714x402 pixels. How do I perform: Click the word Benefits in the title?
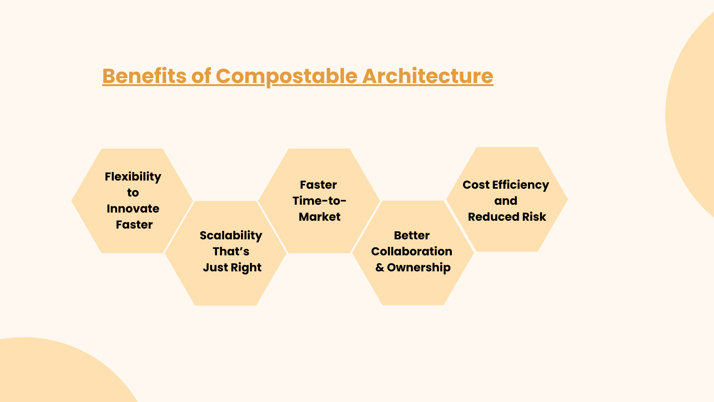pyautogui.click(x=144, y=76)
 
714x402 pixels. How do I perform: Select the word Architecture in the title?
pyautogui.click(x=428, y=76)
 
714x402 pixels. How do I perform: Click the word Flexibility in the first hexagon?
pyautogui.click(x=133, y=177)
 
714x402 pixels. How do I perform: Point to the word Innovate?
pyautogui.click(x=133, y=208)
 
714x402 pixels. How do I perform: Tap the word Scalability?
pyautogui.click(x=231, y=236)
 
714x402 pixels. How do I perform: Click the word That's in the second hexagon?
pyautogui.click(x=231, y=251)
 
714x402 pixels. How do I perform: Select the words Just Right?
pyautogui.click(x=232, y=268)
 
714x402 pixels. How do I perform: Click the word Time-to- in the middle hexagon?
pyautogui.click(x=319, y=201)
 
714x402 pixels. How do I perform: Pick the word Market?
pyautogui.click(x=319, y=217)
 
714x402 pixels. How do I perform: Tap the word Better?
pyautogui.click(x=412, y=235)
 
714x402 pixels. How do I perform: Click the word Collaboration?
pyautogui.click(x=412, y=251)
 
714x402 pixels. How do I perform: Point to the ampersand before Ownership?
pyautogui.click(x=380, y=267)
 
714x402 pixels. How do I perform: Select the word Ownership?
pyautogui.click(x=419, y=268)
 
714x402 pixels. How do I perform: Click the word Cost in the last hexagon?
pyautogui.click(x=476, y=185)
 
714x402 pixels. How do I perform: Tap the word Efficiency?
pyautogui.click(x=521, y=185)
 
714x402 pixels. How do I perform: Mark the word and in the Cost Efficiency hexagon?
pyautogui.click(x=506, y=201)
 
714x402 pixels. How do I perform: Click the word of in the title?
pyautogui.click(x=201, y=76)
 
